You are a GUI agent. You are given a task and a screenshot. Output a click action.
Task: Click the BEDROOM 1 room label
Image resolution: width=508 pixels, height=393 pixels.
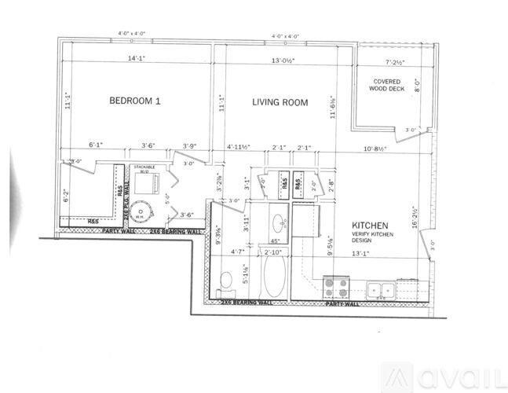pos(134,101)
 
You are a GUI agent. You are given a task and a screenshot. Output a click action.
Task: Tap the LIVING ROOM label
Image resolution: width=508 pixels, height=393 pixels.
pos(280,102)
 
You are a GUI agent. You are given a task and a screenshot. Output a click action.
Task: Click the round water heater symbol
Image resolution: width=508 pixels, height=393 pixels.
pos(142,212)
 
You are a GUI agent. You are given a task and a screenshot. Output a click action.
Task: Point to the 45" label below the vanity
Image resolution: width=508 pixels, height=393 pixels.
pos(276,241)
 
